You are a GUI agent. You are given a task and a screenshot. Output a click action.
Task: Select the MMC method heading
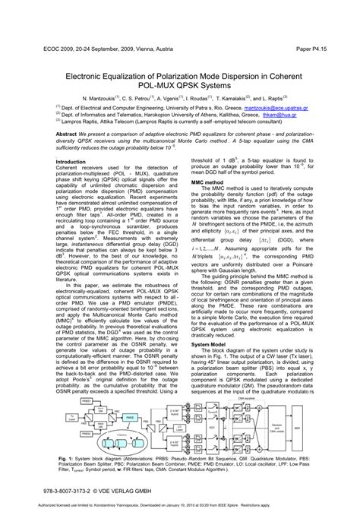[207, 183]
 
